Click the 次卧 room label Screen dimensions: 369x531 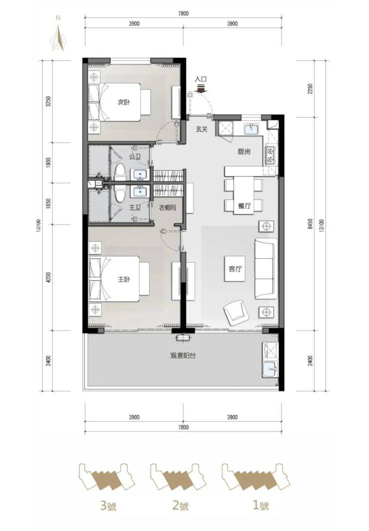tap(124, 102)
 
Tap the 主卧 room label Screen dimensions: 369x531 tap(124, 279)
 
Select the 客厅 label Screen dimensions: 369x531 tap(235, 269)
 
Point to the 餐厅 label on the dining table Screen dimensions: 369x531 tap(244, 205)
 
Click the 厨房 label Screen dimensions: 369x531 tap(244, 152)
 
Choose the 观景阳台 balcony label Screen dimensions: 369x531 tap(183, 356)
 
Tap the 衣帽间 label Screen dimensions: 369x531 tap(168, 208)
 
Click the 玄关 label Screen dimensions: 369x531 tap(201, 129)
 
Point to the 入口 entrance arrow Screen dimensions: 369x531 tap(201, 88)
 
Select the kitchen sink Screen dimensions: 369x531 tap(251, 128)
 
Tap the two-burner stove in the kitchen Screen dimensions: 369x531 tap(270, 155)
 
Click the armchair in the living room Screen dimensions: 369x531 tap(236, 313)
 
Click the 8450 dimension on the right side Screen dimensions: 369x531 tap(311, 223)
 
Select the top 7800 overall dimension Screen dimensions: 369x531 tap(183, 13)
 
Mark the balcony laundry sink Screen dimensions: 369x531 tap(270, 370)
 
